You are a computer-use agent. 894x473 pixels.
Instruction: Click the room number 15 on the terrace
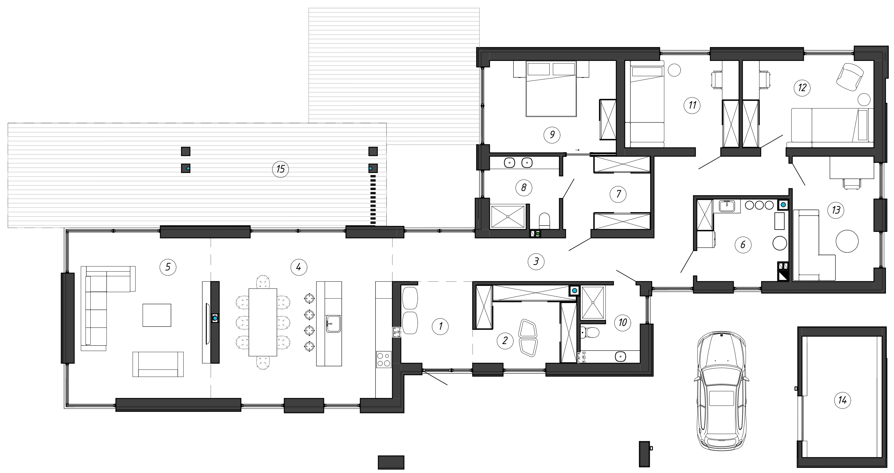(280, 169)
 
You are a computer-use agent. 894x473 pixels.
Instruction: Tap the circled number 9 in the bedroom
(552, 134)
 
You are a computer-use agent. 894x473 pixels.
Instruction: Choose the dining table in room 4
(263, 322)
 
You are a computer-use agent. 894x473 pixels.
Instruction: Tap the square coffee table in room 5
(157, 315)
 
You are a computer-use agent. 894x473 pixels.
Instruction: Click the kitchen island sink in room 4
(333, 324)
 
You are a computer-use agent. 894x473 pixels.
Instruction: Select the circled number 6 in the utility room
(743, 245)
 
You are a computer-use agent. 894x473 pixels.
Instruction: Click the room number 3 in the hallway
(536, 261)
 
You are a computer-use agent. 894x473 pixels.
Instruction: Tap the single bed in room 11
(647, 104)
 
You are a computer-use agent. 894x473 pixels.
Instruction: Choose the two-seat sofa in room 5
(158, 364)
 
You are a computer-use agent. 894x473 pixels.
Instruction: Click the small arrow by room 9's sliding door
(578, 150)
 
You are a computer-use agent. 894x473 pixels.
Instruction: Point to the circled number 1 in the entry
(440, 326)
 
